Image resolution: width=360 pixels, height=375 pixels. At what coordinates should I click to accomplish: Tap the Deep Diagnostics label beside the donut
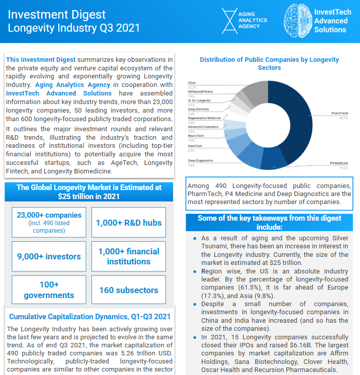pyautogui.click(x=200, y=160)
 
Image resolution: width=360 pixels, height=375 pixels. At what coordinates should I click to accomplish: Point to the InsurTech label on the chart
pyautogui.click(x=195, y=146)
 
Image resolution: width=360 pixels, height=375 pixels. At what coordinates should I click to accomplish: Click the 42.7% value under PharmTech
pyautogui.click(x=343, y=119)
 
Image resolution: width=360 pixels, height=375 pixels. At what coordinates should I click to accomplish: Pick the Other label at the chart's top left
pyautogui.click(x=192, y=82)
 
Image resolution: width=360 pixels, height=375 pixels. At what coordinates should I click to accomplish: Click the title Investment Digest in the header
pyautogui.click(x=57, y=14)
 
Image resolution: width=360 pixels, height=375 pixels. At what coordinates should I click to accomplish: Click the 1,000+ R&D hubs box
pyautogui.click(x=129, y=222)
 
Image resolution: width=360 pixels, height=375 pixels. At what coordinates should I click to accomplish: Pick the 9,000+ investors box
pyautogui.click(x=49, y=256)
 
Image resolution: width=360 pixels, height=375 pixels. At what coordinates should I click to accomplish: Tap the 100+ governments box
pyautogui.click(x=49, y=290)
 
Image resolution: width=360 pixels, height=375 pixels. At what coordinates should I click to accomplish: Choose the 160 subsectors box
pyautogui.click(x=129, y=290)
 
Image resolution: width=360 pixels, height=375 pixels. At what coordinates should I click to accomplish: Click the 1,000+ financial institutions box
pyautogui.click(x=129, y=256)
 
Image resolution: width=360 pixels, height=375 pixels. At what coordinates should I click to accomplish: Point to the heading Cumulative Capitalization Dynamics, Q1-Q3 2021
pyautogui.click(x=89, y=317)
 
